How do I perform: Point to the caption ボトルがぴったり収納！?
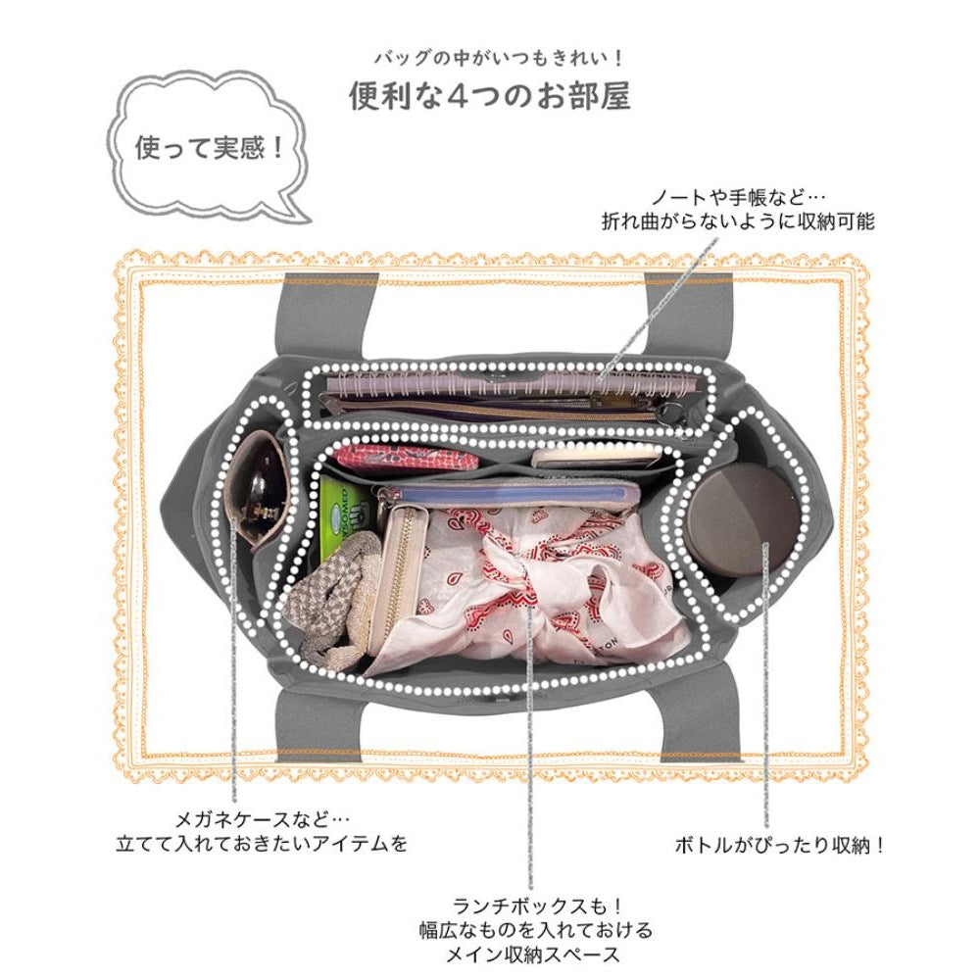pos(780,844)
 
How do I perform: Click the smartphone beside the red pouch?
pos(598,455)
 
